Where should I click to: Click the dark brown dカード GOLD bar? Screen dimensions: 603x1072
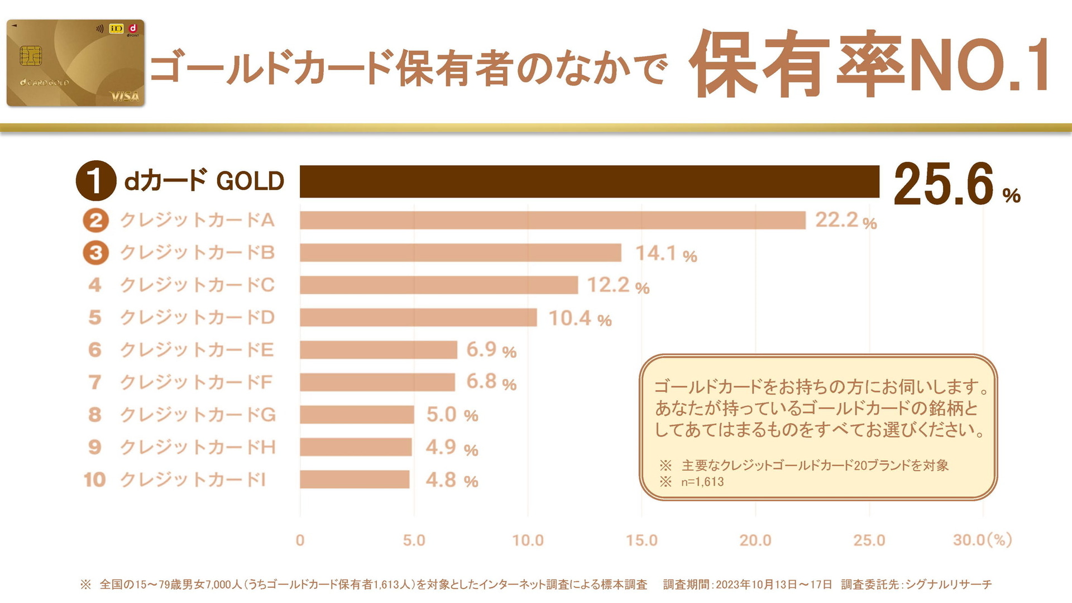(589, 181)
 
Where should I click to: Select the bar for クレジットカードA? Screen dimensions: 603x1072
(552, 220)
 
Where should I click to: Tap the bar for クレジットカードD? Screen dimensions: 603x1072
(418, 317)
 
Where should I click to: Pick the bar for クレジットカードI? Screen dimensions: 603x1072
(355, 479)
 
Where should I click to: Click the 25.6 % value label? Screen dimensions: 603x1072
(956, 184)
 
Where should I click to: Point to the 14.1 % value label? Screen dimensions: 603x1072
(666, 253)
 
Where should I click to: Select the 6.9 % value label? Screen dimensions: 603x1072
(491, 350)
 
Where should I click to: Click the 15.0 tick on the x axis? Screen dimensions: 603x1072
(642, 540)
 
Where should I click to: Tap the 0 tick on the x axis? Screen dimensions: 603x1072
(300, 540)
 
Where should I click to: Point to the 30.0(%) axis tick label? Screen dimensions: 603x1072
(982, 540)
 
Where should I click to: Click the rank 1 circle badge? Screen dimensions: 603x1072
(95, 181)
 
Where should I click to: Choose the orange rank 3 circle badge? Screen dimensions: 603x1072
(95, 253)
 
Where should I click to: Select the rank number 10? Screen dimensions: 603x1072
(94, 480)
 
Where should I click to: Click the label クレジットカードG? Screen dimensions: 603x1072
(198, 415)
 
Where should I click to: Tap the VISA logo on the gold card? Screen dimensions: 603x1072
(125, 96)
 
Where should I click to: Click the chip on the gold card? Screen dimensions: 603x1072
(31, 56)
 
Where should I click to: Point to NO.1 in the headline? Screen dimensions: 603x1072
(980, 64)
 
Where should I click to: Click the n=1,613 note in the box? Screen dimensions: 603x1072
(702, 482)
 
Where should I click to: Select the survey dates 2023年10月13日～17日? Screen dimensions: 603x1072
(774, 585)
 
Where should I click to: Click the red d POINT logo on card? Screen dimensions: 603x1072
(133, 29)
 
